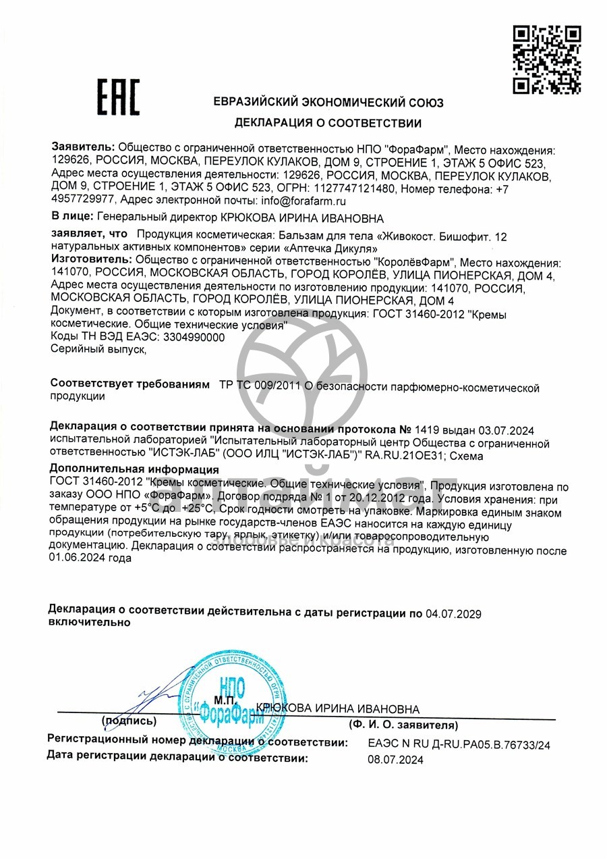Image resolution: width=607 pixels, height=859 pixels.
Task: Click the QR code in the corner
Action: pyautogui.click(x=547, y=59)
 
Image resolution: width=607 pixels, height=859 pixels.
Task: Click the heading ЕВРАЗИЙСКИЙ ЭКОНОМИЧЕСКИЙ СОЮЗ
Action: pyautogui.click(x=328, y=103)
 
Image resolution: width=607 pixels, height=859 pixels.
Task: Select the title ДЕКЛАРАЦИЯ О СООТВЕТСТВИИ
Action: pyautogui.click(x=328, y=123)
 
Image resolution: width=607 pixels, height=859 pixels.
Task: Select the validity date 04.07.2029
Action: pyautogui.click(x=453, y=613)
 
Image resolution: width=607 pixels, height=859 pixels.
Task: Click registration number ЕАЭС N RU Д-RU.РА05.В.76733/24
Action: pyautogui.click(x=459, y=745)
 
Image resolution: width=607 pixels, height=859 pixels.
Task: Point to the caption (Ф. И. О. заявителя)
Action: pyautogui.click(x=403, y=725)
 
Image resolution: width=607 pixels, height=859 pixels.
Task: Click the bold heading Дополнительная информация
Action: pyautogui.click(x=134, y=470)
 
